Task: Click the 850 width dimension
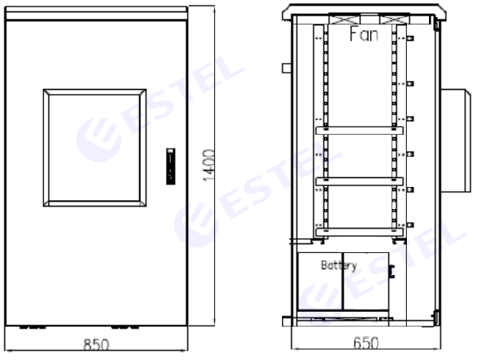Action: [x=96, y=345]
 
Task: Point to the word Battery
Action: [x=339, y=265]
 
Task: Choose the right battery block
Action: [x=365, y=282]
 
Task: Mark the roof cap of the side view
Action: [x=364, y=9]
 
